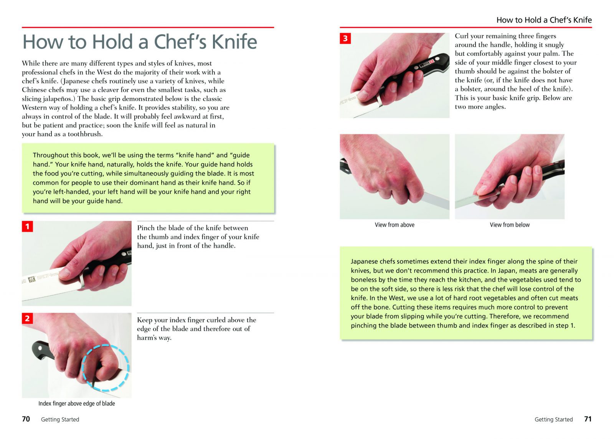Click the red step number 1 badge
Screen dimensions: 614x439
point(27,226)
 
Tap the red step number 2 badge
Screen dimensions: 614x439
point(27,318)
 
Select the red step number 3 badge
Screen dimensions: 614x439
point(345,38)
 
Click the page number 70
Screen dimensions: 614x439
point(26,419)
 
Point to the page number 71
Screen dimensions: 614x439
point(588,419)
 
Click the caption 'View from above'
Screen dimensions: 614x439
point(394,225)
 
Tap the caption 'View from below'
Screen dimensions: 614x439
point(510,225)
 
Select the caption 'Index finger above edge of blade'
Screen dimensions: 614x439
point(76,403)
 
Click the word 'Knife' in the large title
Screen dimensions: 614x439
point(234,42)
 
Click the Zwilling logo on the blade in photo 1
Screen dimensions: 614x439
point(32,279)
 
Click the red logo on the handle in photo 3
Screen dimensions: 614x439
point(432,61)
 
